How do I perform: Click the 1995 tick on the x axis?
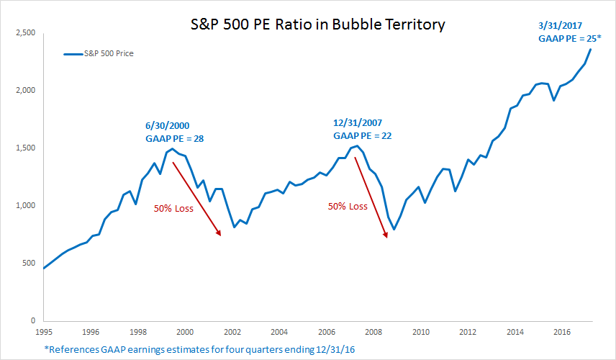43,333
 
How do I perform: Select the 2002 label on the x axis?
232,333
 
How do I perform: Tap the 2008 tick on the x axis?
373,333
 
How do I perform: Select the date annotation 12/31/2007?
357,123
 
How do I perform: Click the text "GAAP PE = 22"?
362,135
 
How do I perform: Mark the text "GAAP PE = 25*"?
569,39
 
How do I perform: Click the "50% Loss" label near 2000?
174,209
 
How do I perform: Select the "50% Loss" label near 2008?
348,207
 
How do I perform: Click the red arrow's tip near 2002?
219,235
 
